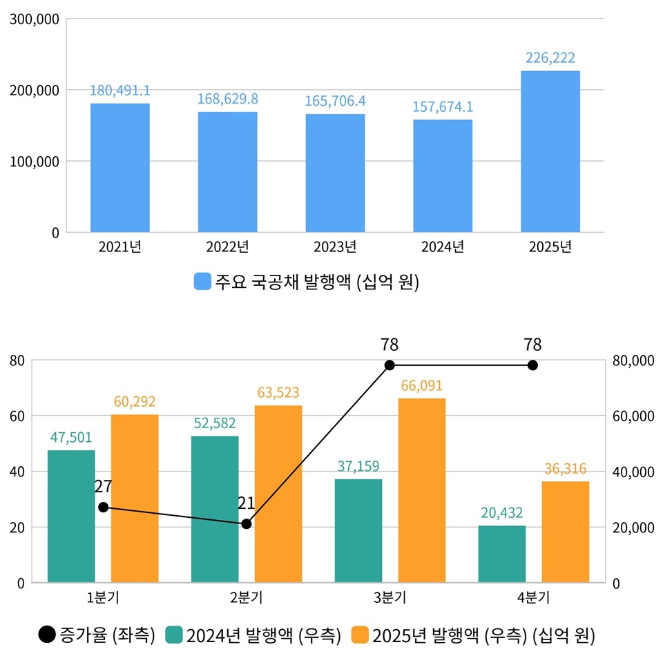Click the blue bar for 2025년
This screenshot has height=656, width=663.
click(x=550, y=151)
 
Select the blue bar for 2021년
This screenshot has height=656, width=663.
click(x=120, y=168)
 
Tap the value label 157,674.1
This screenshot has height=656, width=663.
click(x=443, y=107)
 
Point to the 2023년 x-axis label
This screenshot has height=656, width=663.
click(x=335, y=247)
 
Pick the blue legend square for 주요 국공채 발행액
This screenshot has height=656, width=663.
click(x=202, y=282)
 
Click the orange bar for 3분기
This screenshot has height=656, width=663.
click(x=422, y=490)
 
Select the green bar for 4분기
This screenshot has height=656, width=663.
click(x=502, y=554)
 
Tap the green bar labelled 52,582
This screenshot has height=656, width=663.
click(x=215, y=509)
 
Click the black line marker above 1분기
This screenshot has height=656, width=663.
click(x=104, y=508)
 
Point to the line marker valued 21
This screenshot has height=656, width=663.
click(x=247, y=524)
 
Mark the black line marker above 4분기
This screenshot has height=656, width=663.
click(x=532, y=365)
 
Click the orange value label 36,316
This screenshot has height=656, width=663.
click(x=565, y=469)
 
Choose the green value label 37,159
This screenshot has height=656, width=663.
click(x=358, y=466)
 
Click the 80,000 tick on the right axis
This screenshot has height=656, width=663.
click(x=633, y=360)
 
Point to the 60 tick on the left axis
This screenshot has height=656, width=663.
click(x=17, y=416)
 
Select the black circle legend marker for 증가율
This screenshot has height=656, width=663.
click(x=47, y=634)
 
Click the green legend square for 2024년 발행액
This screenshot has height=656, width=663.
click(x=174, y=634)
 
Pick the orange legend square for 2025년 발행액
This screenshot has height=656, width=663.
click(x=359, y=634)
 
